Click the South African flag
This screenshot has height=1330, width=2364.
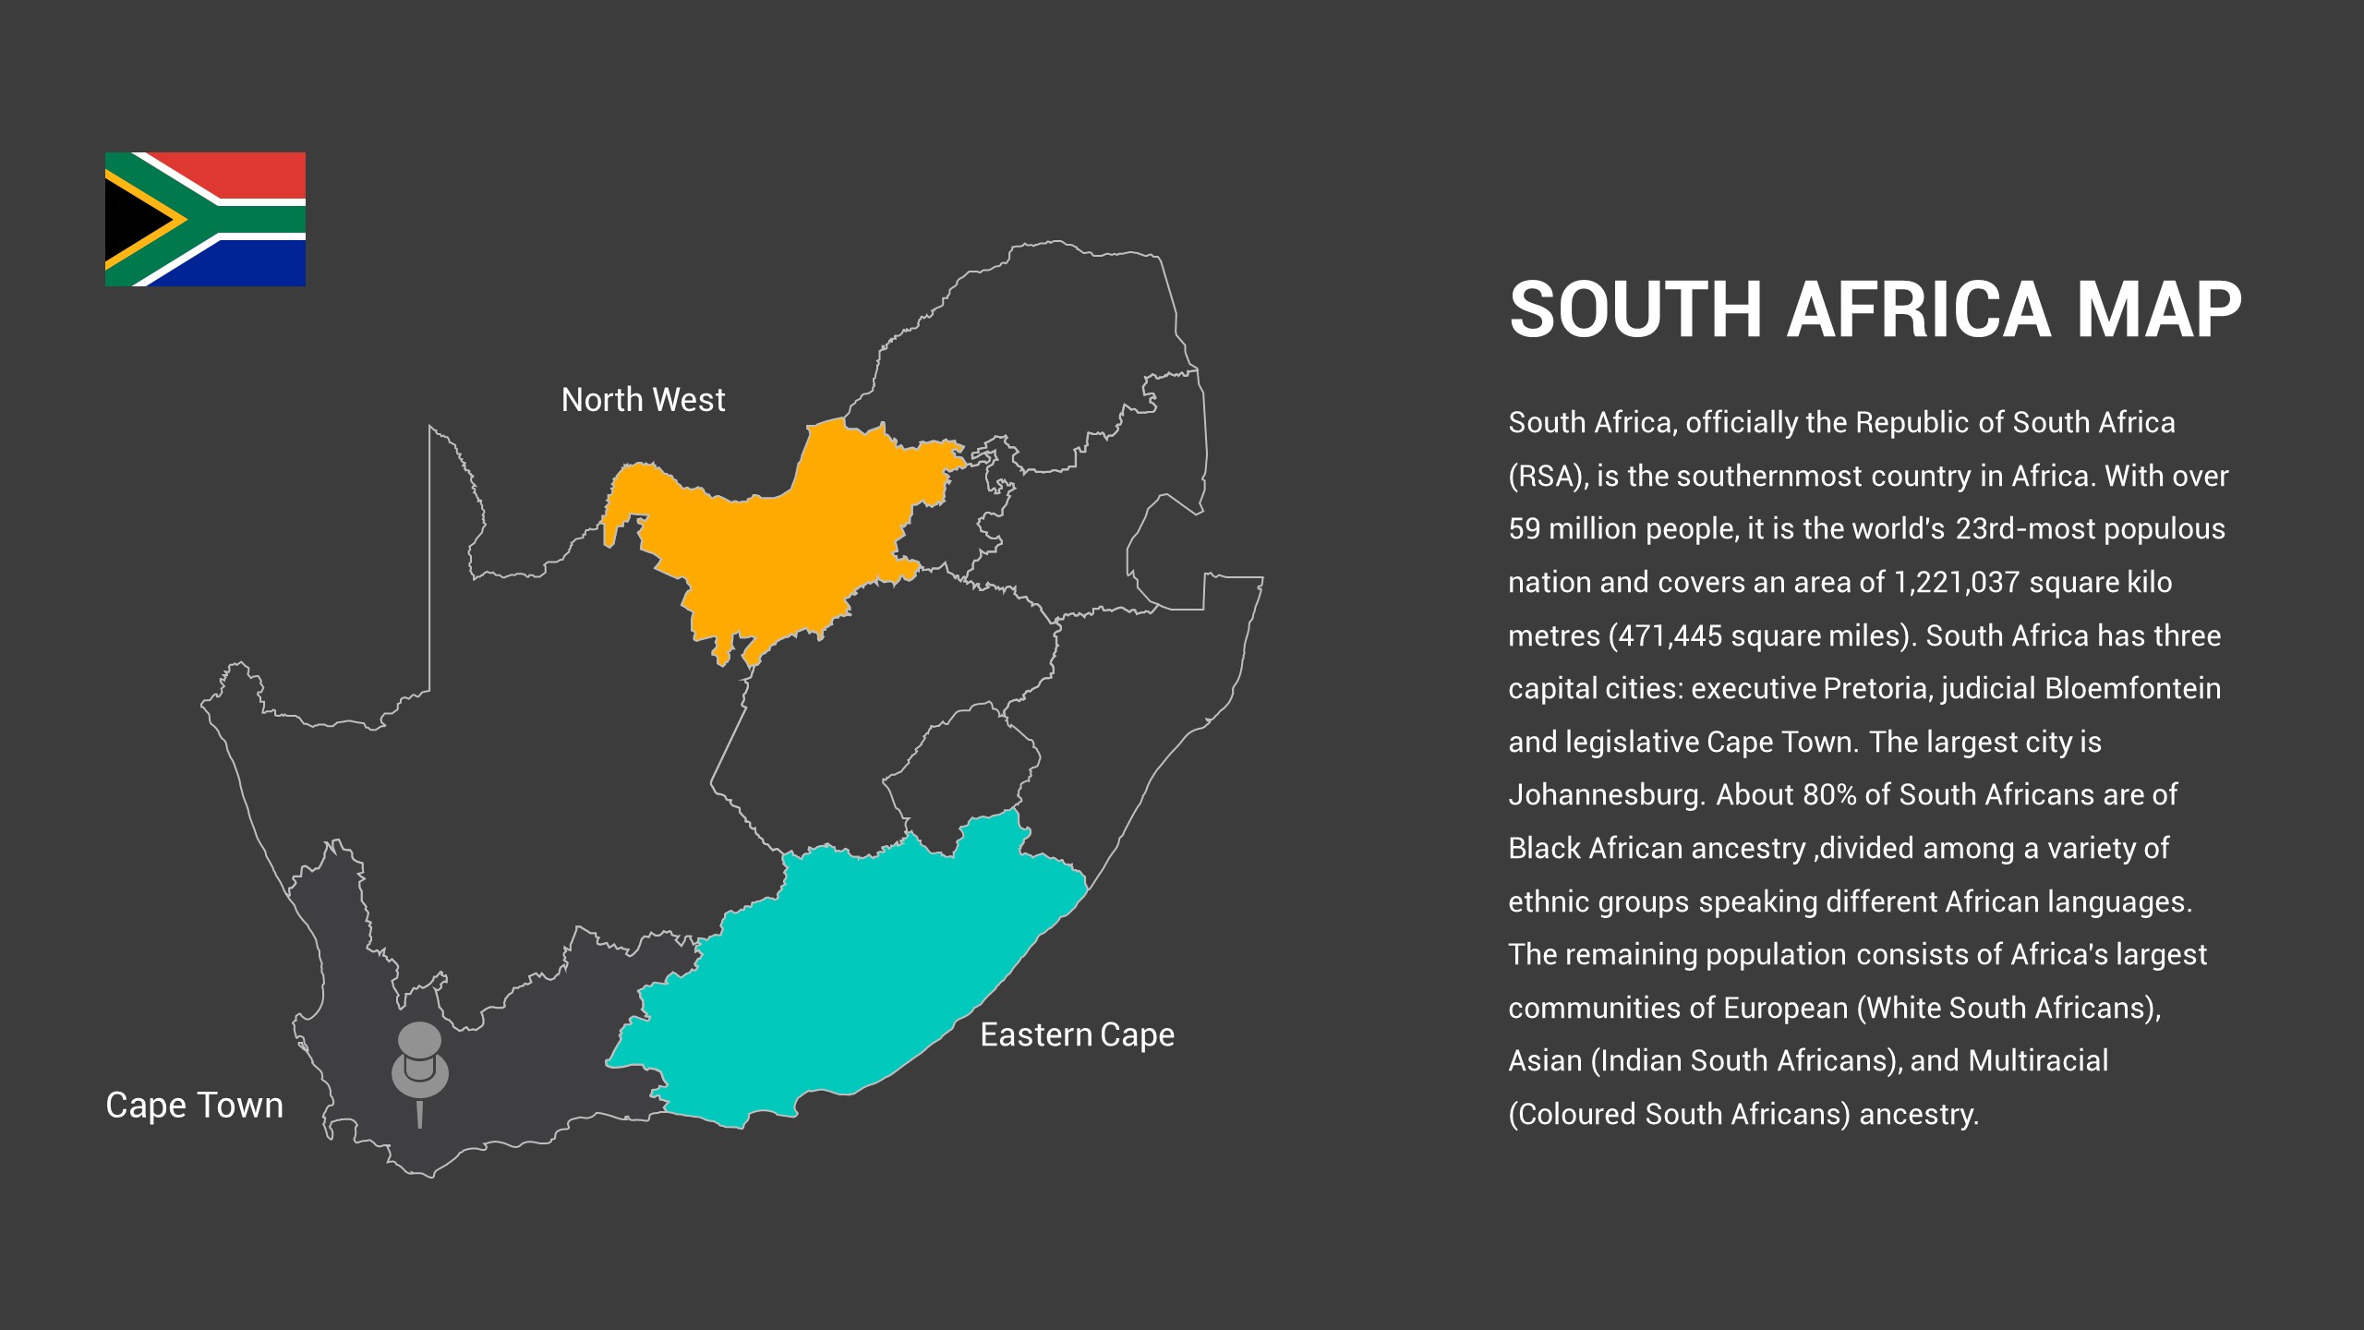coord(205,219)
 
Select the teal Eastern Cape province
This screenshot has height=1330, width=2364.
coord(859,979)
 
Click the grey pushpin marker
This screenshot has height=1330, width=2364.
coord(420,1062)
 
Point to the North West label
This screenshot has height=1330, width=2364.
coord(643,400)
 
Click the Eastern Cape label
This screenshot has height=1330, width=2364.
coord(1077,1035)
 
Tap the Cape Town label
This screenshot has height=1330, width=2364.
coord(194,1106)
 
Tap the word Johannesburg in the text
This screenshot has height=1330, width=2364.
coord(1607,795)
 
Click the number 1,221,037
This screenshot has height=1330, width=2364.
coord(1956,583)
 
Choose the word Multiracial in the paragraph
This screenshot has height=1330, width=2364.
coord(2038,1061)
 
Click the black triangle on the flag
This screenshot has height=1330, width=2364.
coord(134,220)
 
